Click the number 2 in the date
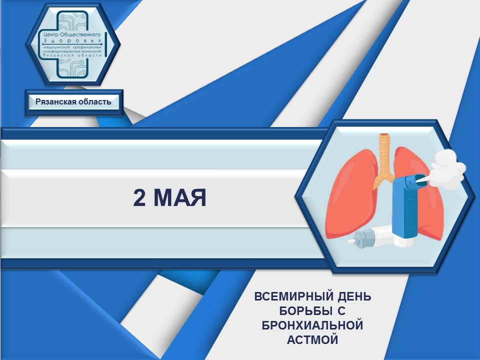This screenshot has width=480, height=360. (139, 198)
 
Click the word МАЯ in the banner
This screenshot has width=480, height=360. (180, 198)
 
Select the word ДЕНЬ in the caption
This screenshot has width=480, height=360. (354, 296)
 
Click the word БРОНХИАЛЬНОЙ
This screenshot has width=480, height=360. (312, 325)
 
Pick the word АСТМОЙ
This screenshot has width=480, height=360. (312, 339)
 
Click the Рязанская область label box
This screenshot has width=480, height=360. (73, 102)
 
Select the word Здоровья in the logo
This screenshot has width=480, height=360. (72, 40)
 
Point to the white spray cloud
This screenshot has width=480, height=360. (448, 168)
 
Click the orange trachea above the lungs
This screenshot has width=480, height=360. (385, 159)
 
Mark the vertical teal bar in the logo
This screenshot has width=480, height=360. (105, 44)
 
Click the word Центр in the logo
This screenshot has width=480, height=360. (50, 34)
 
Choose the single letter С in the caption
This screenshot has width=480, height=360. (341, 311)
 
